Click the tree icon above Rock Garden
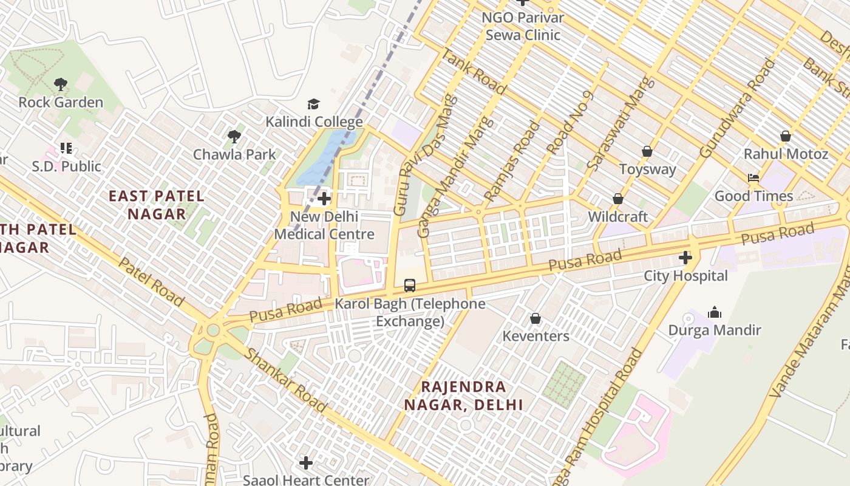point(60,84)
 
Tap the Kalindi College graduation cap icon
point(313,104)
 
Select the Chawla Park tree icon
point(234,137)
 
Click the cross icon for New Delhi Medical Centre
point(324,199)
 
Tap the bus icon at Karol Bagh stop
point(410,286)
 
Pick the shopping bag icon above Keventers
point(535,318)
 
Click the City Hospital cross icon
point(685,258)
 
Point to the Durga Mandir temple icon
point(715,313)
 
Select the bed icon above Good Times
point(753,178)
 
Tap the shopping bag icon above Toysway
point(647,151)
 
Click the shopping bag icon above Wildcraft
point(618,199)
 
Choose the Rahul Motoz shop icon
point(786,136)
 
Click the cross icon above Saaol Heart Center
point(306,463)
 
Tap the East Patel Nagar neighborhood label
point(157,205)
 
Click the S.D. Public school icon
point(66,148)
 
